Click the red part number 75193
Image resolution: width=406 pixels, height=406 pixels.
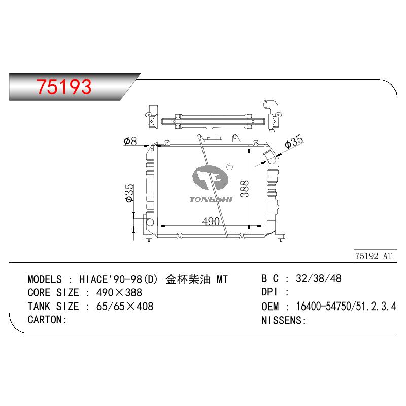coord(64,87)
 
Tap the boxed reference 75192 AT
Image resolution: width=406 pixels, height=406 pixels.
coord(374,256)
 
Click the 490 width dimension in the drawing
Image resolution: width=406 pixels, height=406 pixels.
coord(211,221)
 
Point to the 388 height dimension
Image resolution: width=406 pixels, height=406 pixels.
coord(244,189)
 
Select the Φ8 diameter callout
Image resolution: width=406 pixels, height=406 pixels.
coord(130,141)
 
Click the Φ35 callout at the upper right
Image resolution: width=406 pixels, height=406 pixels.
coord(294,142)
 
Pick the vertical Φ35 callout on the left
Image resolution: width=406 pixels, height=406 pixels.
coord(129,193)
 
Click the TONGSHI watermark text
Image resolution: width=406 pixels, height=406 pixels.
coord(211,199)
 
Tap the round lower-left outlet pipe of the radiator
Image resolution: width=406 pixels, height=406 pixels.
coord(150,222)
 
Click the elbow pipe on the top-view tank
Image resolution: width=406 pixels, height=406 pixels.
coord(271,106)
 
